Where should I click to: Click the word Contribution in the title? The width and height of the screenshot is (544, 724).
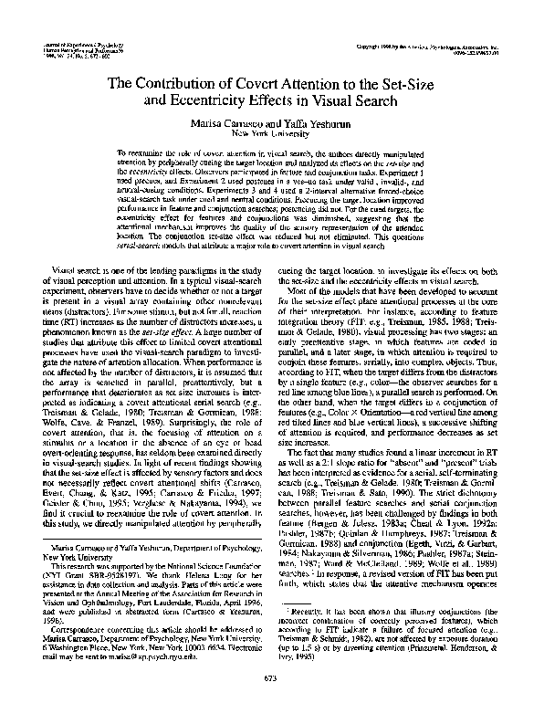coord(200,83)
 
